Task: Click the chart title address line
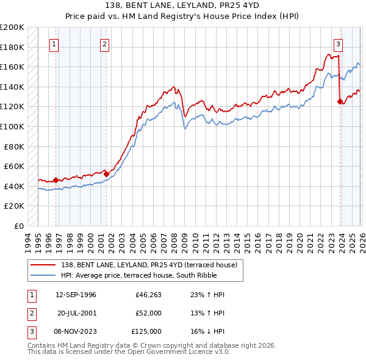183,5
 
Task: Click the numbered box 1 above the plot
54,44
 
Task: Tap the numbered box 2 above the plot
105,44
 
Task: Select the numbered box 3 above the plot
338,44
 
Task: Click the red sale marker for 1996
56,180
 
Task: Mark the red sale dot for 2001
106,174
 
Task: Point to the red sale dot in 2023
340,102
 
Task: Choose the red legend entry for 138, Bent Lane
152,264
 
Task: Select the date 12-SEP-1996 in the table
76,295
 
